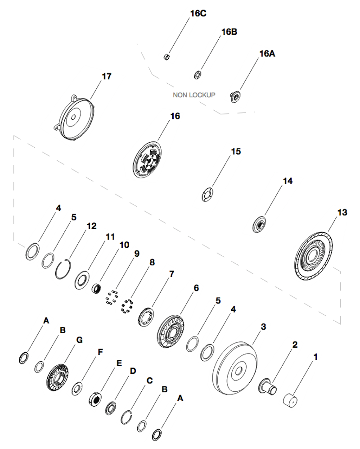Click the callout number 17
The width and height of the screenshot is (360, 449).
pyautogui.click(x=106, y=77)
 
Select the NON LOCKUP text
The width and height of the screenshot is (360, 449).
pyautogui.click(x=194, y=95)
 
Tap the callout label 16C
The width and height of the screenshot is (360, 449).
pyautogui.click(x=198, y=14)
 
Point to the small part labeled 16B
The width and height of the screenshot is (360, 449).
pyautogui.click(x=197, y=74)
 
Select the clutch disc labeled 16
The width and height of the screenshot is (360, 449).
pyautogui.click(x=148, y=159)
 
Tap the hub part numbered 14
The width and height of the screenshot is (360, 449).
pyautogui.click(x=259, y=224)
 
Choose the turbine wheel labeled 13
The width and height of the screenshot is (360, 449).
pyautogui.click(x=313, y=255)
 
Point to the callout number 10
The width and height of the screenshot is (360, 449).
pyautogui.click(x=124, y=245)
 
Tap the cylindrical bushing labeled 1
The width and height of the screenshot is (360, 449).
pyautogui.click(x=291, y=399)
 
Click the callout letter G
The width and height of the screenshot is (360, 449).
pyautogui.click(x=79, y=340)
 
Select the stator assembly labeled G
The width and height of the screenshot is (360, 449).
pyautogui.click(x=57, y=376)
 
